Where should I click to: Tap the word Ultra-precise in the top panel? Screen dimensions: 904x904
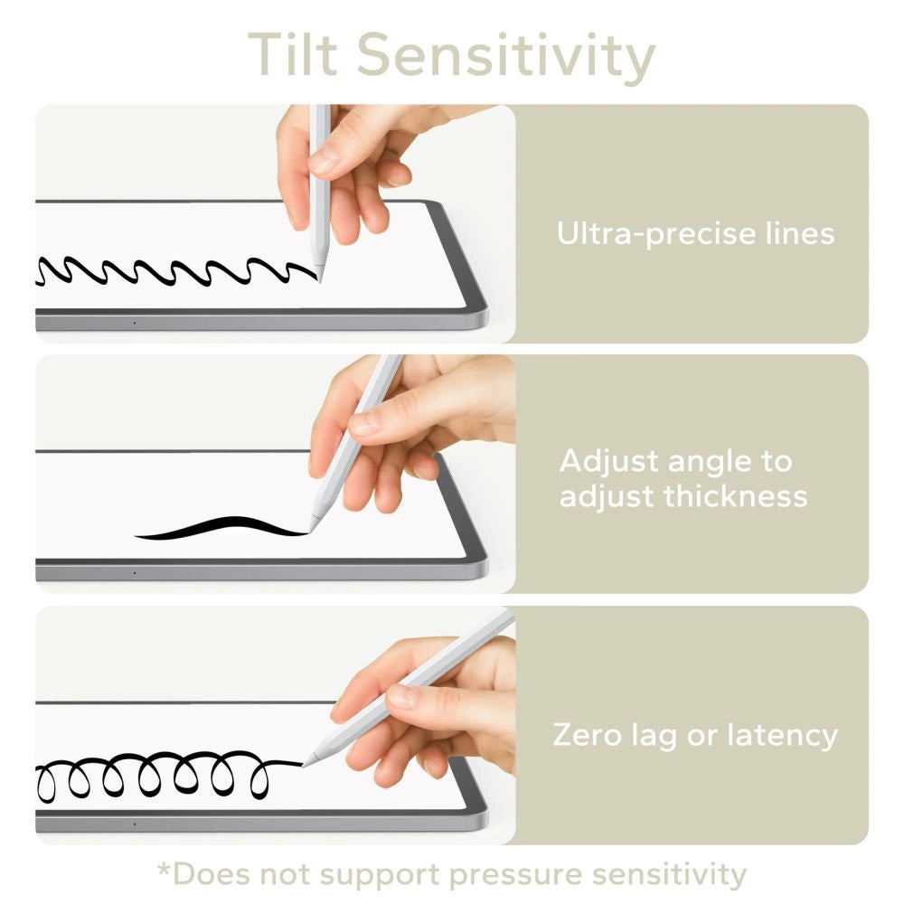[644, 234]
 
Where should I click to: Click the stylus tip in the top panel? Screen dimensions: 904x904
[319, 278]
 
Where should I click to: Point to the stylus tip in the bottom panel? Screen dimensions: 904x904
[305, 764]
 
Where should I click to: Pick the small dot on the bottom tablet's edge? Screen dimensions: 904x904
[135, 824]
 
